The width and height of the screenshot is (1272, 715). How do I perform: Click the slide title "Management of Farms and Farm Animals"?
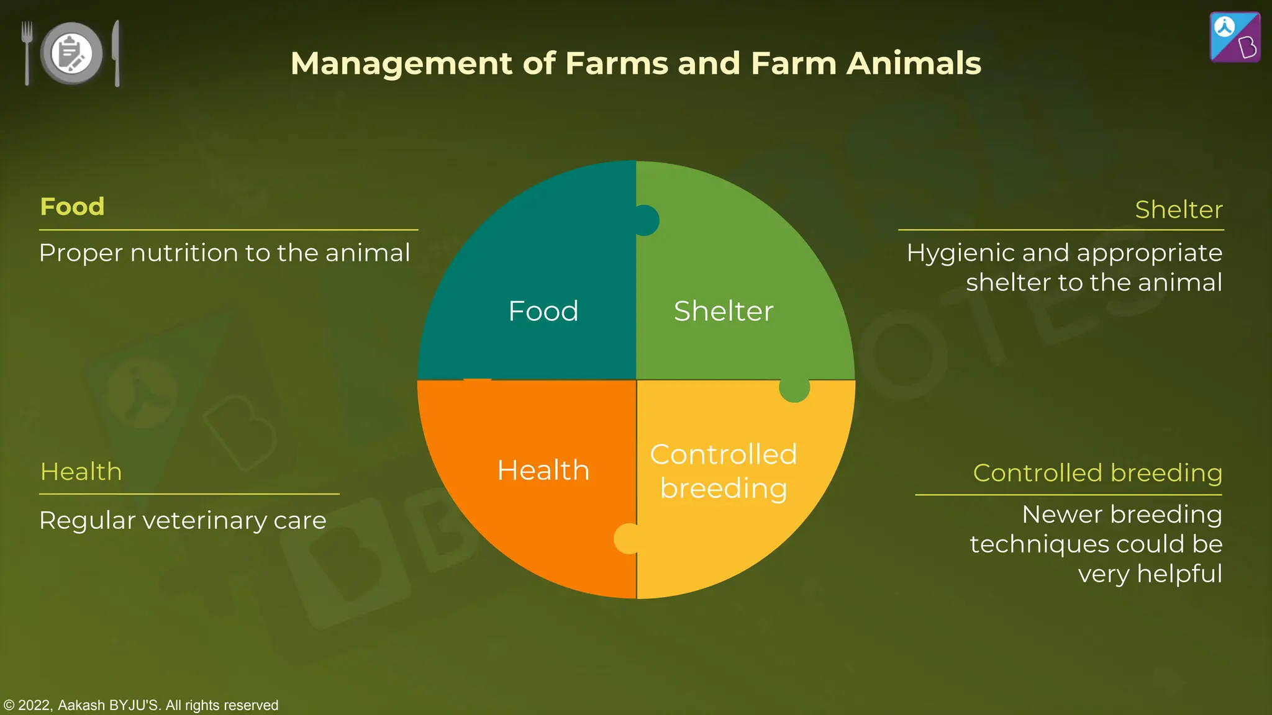(635, 63)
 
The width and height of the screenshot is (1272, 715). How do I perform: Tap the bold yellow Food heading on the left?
(72, 207)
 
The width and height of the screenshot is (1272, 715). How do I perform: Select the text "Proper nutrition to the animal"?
(224, 253)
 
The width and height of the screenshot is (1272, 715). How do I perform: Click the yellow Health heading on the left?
(81, 472)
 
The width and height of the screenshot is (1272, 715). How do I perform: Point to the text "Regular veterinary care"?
(183, 520)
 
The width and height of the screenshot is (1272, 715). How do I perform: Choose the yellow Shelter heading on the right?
(1178, 210)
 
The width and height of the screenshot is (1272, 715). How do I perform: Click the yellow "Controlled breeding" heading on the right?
(1097, 473)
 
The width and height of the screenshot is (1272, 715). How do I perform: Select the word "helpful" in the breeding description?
(1179, 573)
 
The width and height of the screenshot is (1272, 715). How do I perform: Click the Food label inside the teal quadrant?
(543, 311)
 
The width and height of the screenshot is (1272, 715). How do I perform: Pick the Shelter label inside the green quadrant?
(724, 311)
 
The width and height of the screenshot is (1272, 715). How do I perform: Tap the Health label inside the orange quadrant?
(543, 470)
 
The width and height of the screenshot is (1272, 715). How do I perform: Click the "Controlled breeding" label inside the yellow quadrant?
(724, 472)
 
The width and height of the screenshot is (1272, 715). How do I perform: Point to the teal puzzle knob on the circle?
(646, 220)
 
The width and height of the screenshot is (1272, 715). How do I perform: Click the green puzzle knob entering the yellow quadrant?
(794, 389)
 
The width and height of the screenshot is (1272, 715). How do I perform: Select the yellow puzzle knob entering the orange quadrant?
(627, 538)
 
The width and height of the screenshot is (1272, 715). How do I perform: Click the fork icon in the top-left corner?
(27, 53)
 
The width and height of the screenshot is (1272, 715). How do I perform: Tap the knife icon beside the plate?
(116, 53)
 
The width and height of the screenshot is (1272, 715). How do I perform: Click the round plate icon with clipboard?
(71, 53)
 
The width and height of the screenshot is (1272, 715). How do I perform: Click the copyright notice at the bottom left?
(141, 705)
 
